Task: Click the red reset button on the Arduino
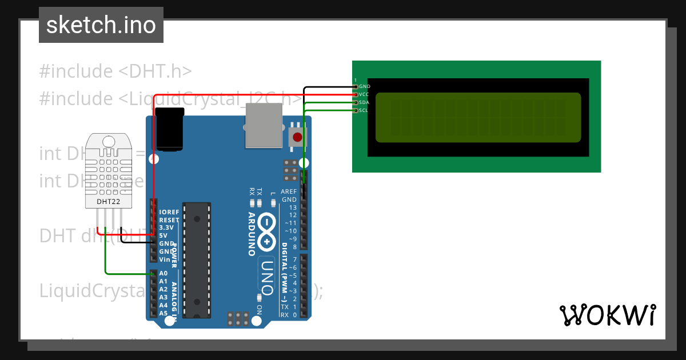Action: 297,137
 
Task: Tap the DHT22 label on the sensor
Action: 108,201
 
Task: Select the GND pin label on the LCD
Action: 365,86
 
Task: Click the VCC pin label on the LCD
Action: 365,94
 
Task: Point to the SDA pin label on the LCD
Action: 364,102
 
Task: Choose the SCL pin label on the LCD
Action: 364,110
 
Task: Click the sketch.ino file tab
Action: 101,25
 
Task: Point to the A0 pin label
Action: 163,274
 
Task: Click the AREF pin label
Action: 289,192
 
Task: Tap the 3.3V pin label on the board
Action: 167,227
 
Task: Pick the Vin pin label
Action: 165,259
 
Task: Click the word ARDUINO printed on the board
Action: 251,233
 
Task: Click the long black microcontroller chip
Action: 197,260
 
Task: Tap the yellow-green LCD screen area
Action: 478,117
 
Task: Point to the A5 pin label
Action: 163,313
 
